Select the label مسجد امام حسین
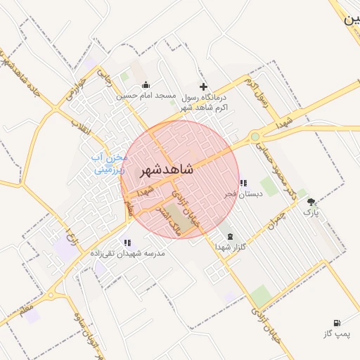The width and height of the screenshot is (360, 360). pyautogui.click(x=146, y=96)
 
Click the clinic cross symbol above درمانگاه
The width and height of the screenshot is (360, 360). pyautogui.click(x=204, y=86)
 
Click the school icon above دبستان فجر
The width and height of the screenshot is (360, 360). pyautogui.click(x=243, y=184)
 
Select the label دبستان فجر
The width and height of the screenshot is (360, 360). pyautogui.click(x=243, y=194)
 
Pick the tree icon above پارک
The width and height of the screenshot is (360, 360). pyautogui.click(x=311, y=202)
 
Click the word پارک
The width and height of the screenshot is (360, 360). pyautogui.click(x=311, y=212)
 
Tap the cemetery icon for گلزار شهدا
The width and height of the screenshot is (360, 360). pyautogui.click(x=231, y=236)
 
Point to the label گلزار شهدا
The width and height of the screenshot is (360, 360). pyautogui.click(x=231, y=247)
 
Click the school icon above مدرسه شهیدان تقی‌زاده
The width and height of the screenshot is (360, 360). pyautogui.click(x=127, y=243)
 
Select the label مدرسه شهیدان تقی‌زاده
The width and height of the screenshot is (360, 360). pyautogui.click(x=127, y=253)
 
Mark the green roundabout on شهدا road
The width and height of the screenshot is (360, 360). pyautogui.click(x=255, y=137)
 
